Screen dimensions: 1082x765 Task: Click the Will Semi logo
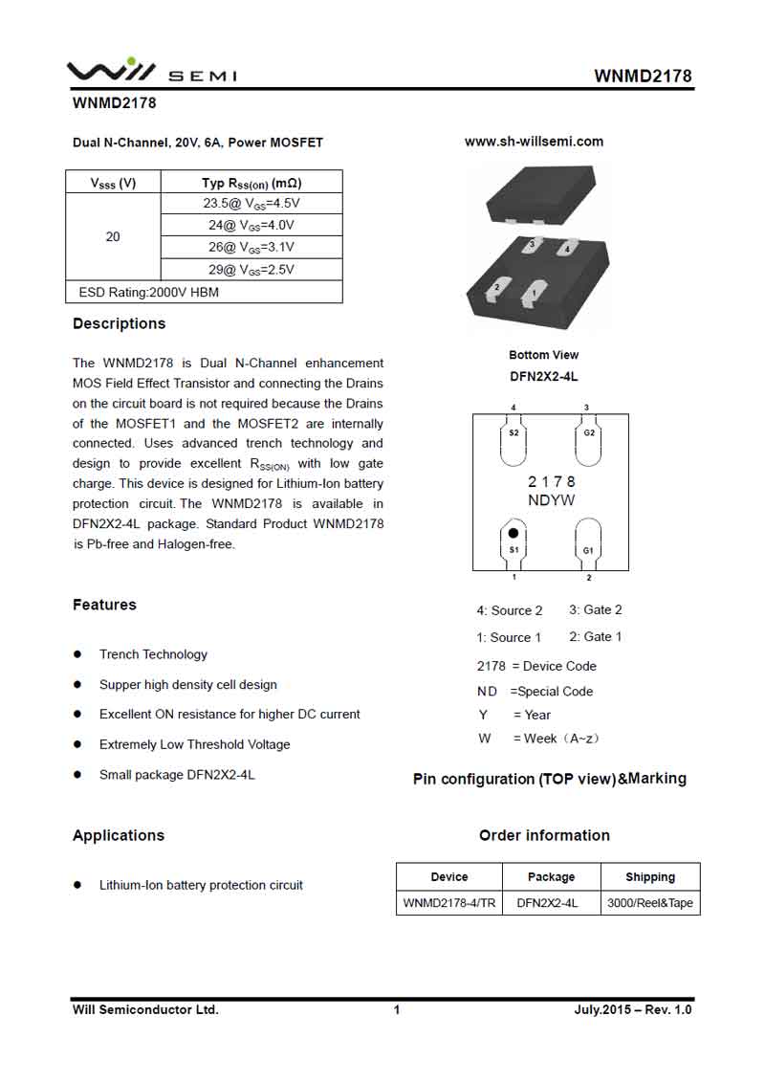(x=151, y=71)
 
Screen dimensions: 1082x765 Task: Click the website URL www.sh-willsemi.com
(x=534, y=142)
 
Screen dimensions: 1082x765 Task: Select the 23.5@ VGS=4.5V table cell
(x=251, y=204)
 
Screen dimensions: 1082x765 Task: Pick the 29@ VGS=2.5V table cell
(x=251, y=270)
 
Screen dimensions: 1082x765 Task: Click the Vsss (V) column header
(x=113, y=183)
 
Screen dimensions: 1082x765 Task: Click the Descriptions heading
(x=119, y=323)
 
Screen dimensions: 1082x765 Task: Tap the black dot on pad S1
(x=514, y=533)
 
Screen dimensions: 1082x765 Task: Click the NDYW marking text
(x=551, y=500)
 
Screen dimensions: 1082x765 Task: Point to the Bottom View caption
(x=543, y=355)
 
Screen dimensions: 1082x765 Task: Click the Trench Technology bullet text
(x=153, y=654)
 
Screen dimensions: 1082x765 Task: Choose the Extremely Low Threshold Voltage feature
(x=194, y=744)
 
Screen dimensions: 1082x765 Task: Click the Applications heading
(x=119, y=835)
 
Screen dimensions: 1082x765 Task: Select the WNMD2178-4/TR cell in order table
(x=449, y=903)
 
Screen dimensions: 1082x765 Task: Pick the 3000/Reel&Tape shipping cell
(x=650, y=903)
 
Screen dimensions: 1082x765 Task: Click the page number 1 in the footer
(x=397, y=1009)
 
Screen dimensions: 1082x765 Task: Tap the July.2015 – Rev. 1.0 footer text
(x=632, y=1009)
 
